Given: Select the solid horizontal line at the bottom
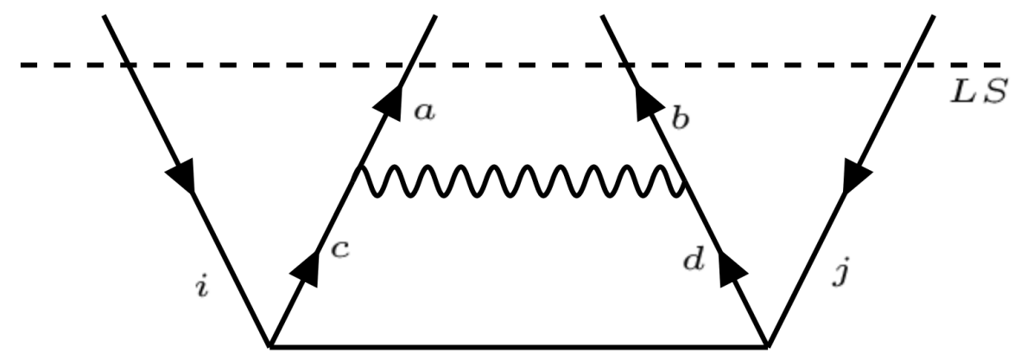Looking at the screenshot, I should [518, 345].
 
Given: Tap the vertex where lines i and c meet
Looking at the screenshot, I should [269, 345].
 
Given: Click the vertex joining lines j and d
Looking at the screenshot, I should [767, 345].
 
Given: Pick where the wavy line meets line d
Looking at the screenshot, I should [686, 183].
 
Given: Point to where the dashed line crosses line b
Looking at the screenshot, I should [627, 65].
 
